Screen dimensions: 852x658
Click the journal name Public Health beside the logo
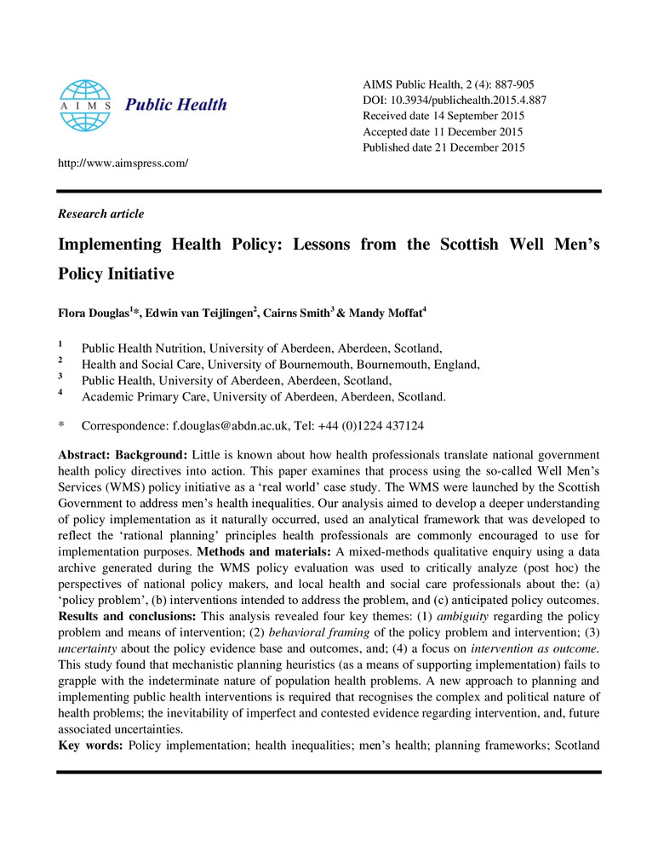click(176, 105)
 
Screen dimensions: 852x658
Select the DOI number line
click(454, 100)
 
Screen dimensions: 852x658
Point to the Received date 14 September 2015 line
click(443, 116)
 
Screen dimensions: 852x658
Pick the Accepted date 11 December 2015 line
click(442, 131)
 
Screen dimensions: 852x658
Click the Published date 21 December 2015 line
click(443, 147)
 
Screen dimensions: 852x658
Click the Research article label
click(100, 214)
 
